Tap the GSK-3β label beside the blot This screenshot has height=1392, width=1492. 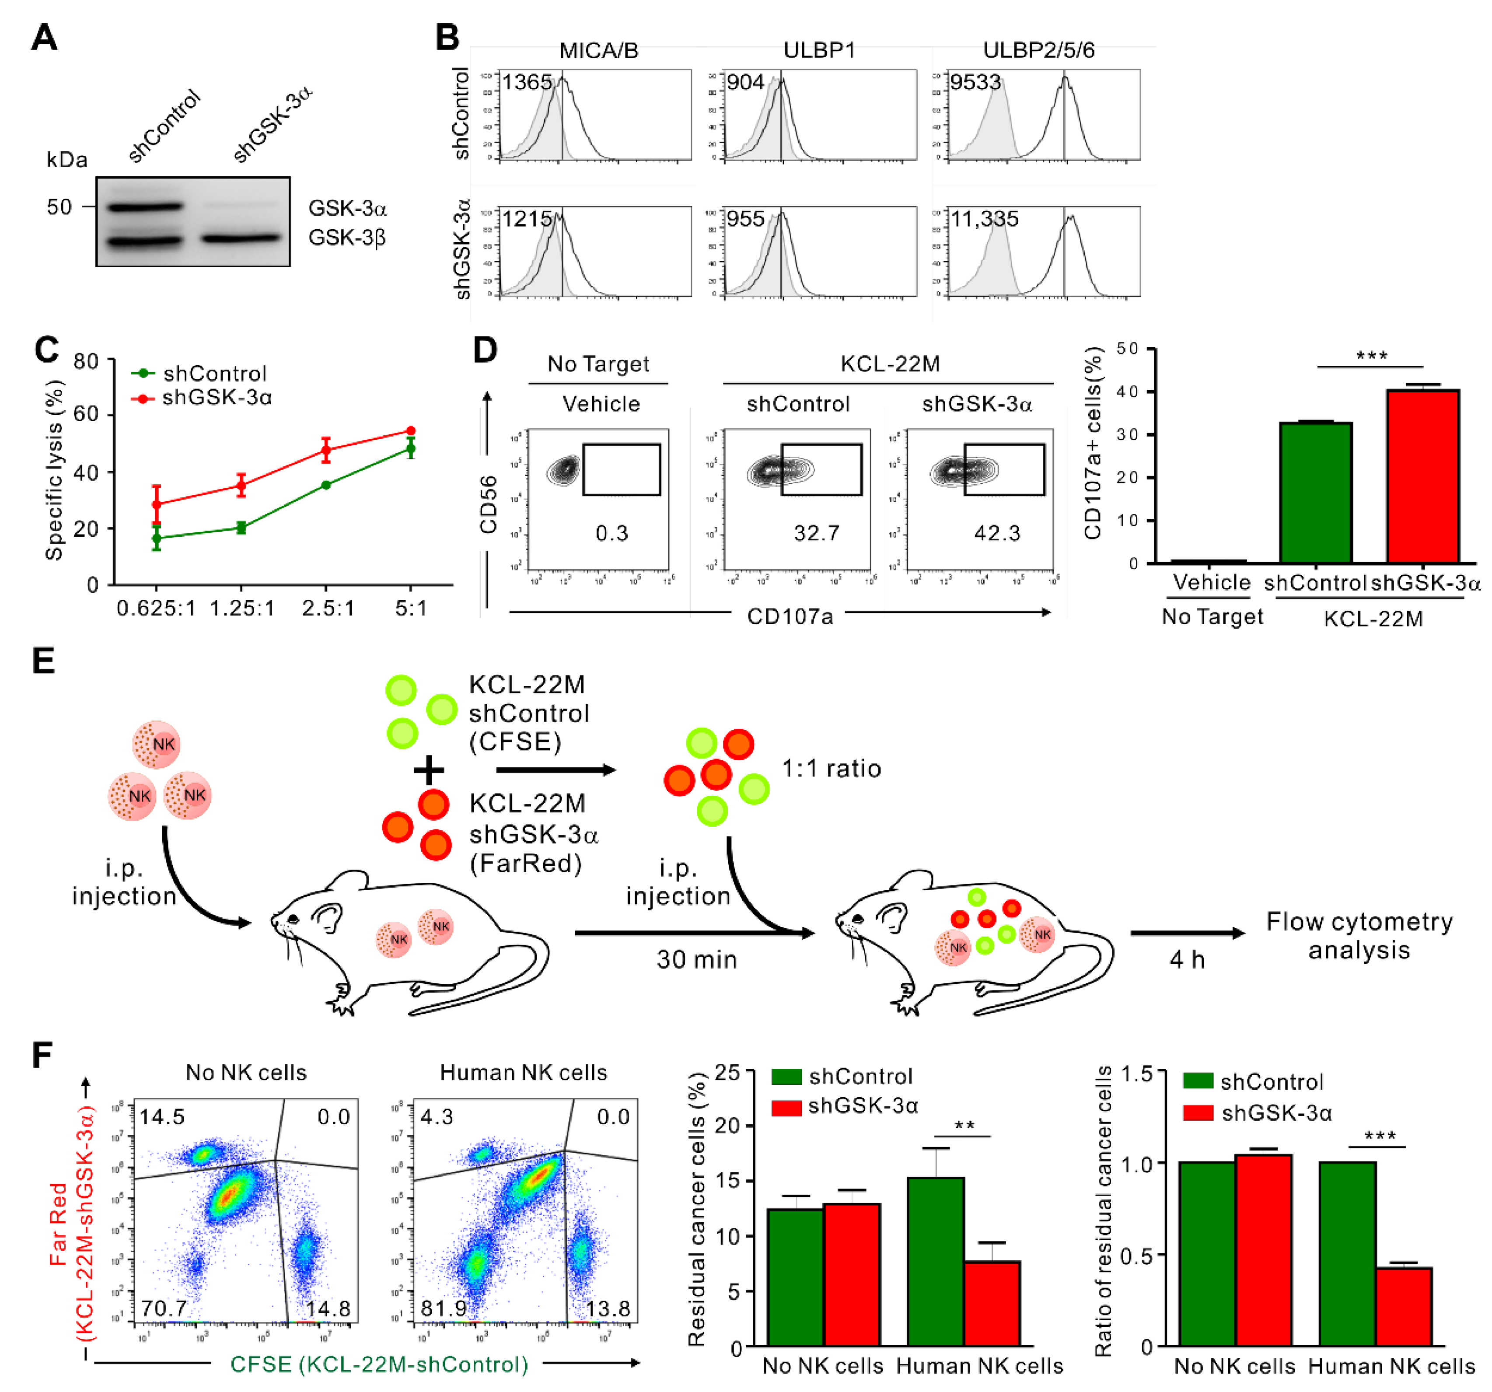click(347, 238)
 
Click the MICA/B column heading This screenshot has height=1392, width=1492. click(598, 50)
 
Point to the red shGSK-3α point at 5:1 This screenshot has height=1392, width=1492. click(411, 431)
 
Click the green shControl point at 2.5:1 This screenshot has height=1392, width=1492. click(326, 485)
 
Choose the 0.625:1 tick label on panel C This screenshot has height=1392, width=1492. click(156, 608)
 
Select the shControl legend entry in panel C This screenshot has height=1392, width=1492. click(214, 374)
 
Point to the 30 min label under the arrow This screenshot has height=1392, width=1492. click(696, 959)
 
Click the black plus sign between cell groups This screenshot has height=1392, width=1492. click(429, 771)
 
